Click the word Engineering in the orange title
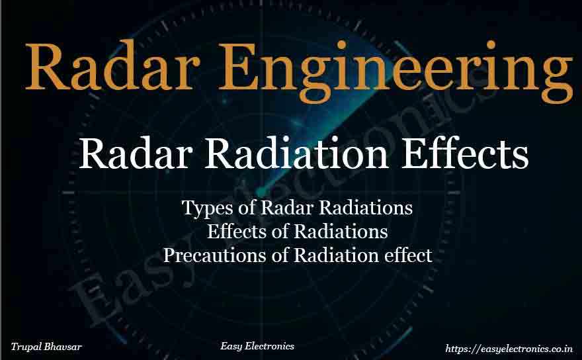(x=403, y=67)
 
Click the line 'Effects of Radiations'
(x=297, y=232)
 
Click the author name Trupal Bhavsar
(x=46, y=346)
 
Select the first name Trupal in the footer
(x=28, y=346)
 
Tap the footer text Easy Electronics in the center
(x=257, y=346)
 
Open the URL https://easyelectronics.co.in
(x=509, y=347)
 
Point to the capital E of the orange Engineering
(x=259, y=67)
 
